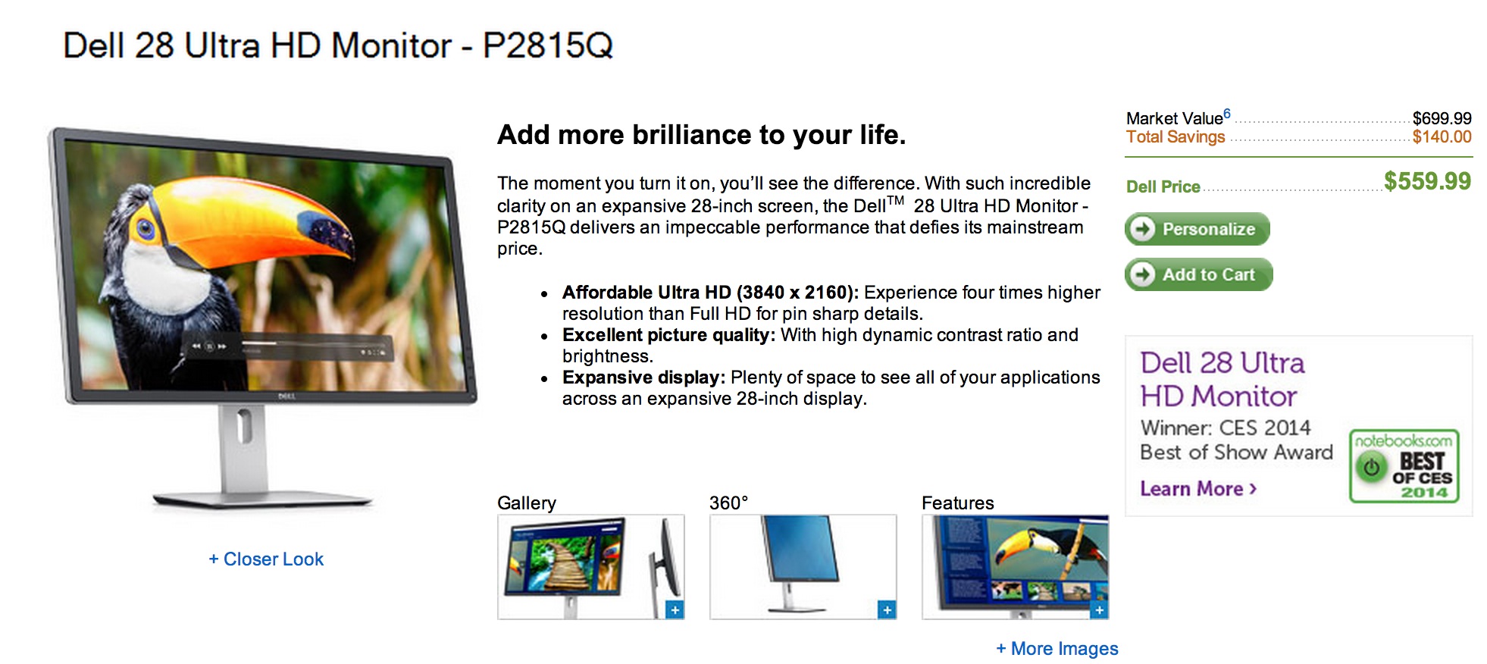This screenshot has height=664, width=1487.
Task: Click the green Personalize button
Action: pyautogui.click(x=1197, y=229)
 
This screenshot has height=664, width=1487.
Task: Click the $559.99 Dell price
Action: pyautogui.click(x=1426, y=181)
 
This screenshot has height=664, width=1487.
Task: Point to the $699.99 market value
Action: pyautogui.click(x=1442, y=118)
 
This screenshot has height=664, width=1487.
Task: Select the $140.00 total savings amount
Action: pyautogui.click(x=1442, y=137)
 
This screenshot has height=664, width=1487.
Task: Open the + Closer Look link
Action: pyautogui.click(x=266, y=559)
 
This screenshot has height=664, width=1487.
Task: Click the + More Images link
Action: pyautogui.click(x=1057, y=649)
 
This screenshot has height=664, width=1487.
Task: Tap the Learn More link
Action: pyautogui.click(x=1198, y=489)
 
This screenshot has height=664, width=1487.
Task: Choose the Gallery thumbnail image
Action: pyautogui.click(x=590, y=566)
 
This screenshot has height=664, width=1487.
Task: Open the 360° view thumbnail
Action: pyautogui.click(x=803, y=566)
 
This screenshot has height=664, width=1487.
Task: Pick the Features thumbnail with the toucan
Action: pyautogui.click(x=1015, y=566)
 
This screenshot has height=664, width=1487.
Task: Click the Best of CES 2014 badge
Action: pyautogui.click(x=1404, y=466)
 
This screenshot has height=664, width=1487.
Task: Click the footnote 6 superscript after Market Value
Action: pyautogui.click(x=1227, y=114)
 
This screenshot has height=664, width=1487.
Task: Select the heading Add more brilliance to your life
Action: pyautogui.click(x=701, y=135)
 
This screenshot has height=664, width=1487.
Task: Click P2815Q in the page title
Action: pyautogui.click(x=547, y=45)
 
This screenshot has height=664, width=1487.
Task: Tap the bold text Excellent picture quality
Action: pyautogui.click(x=668, y=335)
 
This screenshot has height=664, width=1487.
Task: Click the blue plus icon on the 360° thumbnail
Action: pyautogui.click(x=886, y=609)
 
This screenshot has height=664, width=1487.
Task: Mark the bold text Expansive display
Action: pyautogui.click(x=643, y=377)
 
